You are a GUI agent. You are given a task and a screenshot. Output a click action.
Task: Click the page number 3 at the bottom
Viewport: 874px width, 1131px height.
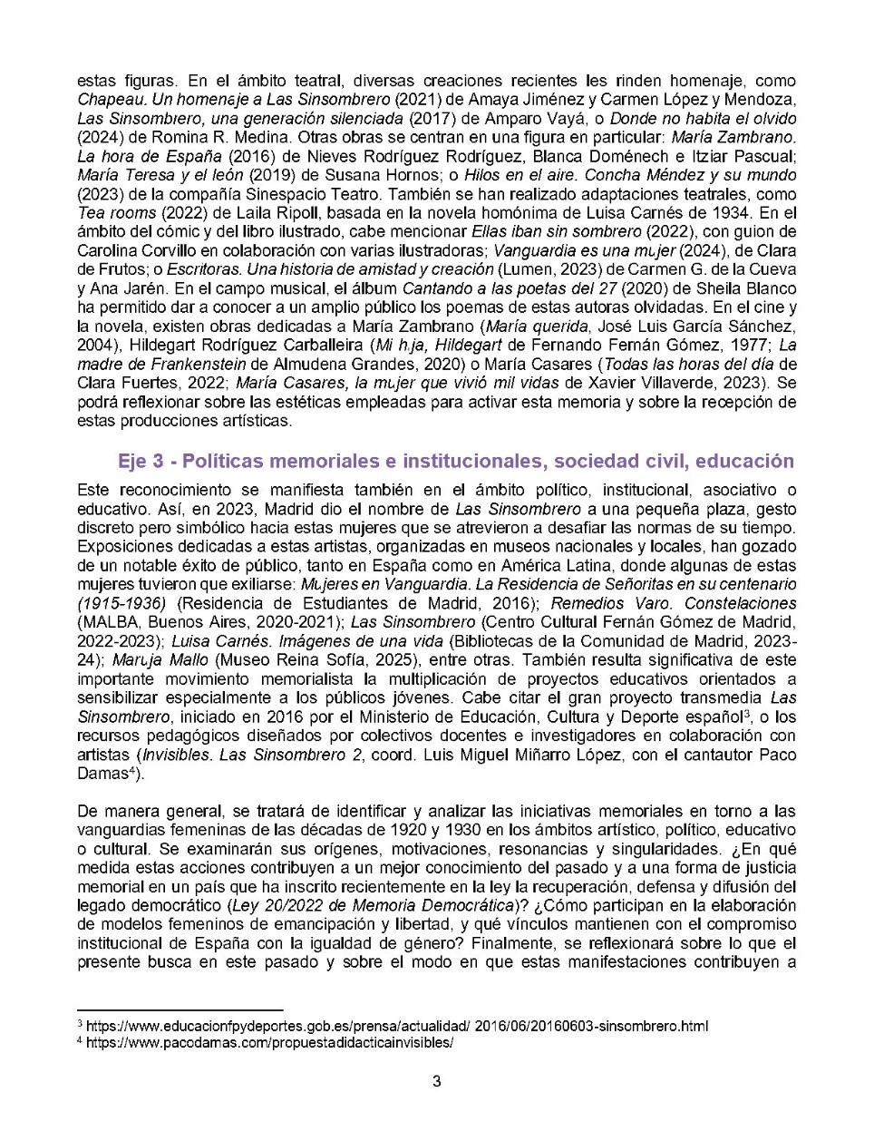pos(437,1080)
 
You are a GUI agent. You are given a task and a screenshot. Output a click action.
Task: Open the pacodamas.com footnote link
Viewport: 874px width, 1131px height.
pos(269,1042)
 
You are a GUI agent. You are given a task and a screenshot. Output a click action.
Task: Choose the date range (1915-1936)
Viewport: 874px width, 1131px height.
pos(122,603)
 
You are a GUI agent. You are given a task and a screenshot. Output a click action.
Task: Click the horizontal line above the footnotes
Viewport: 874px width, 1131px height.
pos(180,1009)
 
